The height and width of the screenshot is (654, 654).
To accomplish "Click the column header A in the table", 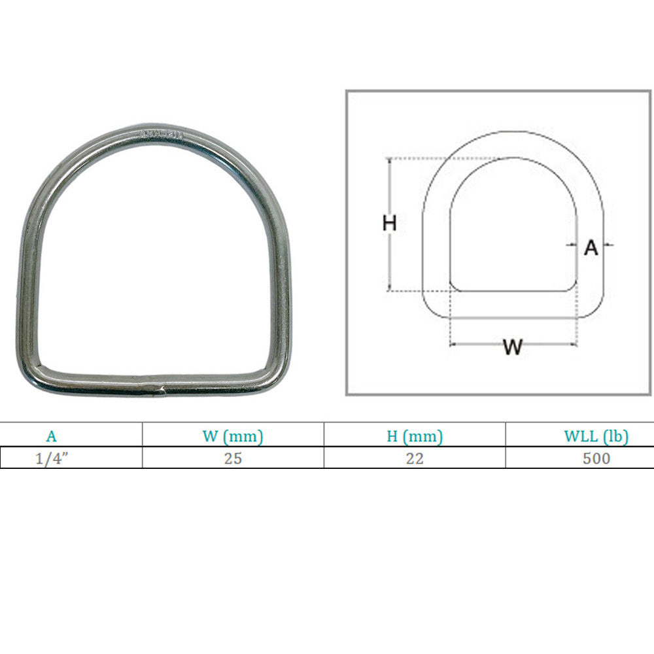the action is pyautogui.click(x=51, y=436).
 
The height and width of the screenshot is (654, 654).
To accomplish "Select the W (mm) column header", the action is pyautogui.click(x=233, y=437).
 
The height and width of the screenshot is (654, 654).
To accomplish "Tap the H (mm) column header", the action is pyautogui.click(x=415, y=437).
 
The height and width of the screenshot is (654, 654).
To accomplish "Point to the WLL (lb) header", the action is pyautogui.click(x=596, y=437).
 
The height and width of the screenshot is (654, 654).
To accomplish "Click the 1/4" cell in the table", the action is pyautogui.click(x=52, y=458).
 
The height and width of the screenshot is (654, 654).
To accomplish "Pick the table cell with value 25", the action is pyautogui.click(x=233, y=459).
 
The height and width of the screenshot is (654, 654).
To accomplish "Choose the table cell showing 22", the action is pyautogui.click(x=415, y=459).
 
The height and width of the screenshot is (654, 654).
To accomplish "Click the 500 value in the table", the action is pyautogui.click(x=596, y=459).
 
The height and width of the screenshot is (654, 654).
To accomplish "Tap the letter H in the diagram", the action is pyautogui.click(x=390, y=223).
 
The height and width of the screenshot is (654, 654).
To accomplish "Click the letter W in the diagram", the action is pyautogui.click(x=513, y=347).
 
